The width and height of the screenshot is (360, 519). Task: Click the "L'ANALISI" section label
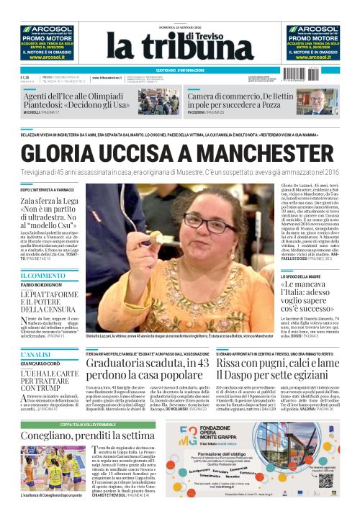pos(36,356)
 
